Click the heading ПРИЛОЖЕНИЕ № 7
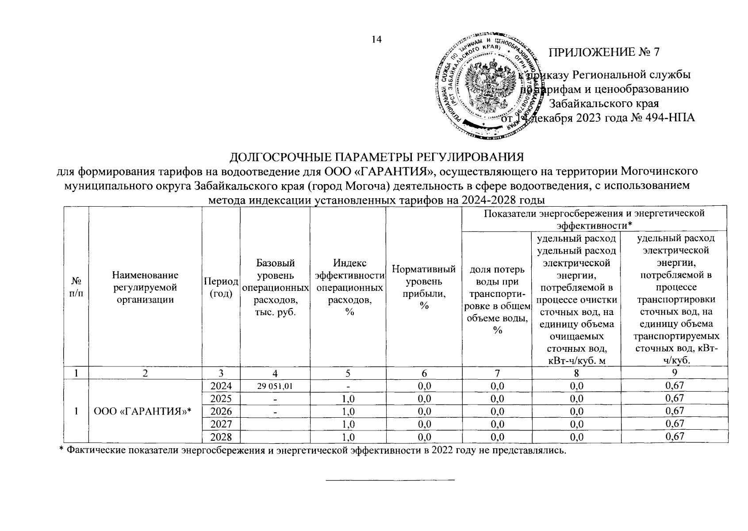[x=604, y=52]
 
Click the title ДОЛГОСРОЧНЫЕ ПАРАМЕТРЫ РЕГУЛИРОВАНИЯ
[x=376, y=158]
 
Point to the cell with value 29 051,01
[x=275, y=386]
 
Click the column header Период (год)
[x=221, y=288]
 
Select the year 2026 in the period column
[x=221, y=411]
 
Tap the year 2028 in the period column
[x=221, y=437]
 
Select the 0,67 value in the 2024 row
[x=675, y=385]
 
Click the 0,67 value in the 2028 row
[x=675, y=437]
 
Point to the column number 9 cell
[x=675, y=373]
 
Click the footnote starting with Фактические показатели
[x=312, y=451]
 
